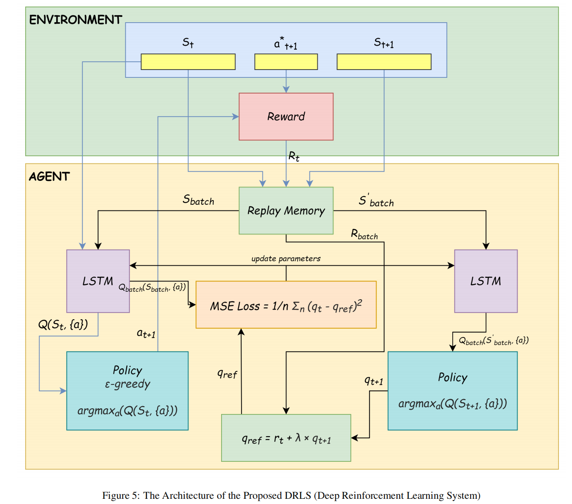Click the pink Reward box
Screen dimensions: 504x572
[x=286, y=117]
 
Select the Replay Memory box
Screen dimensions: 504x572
[x=286, y=211]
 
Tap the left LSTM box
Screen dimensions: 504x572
[x=98, y=281]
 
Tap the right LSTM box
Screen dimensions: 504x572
[x=486, y=281]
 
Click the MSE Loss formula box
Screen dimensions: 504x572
[x=286, y=305]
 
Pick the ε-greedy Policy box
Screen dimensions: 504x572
[x=127, y=391]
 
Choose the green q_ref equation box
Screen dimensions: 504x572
[x=286, y=438]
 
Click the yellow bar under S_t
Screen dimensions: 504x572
[x=188, y=62]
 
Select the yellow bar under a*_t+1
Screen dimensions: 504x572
[x=286, y=62]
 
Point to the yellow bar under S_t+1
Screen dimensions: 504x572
[x=384, y=62]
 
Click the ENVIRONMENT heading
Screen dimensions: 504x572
[x=75, y=20]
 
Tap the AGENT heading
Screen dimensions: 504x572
[x=49, y=176]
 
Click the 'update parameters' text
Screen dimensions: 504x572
[x=286, y=258]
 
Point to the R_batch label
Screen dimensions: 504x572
[x=364, y=234]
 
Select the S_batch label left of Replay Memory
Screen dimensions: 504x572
[x=199, y=200]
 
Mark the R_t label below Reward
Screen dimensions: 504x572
[x=294, y=156]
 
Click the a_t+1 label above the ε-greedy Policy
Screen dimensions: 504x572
[x=146, y=334]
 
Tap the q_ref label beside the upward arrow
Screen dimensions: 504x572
[x=227, y=374]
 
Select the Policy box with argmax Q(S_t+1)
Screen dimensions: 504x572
[x=452, y=391]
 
